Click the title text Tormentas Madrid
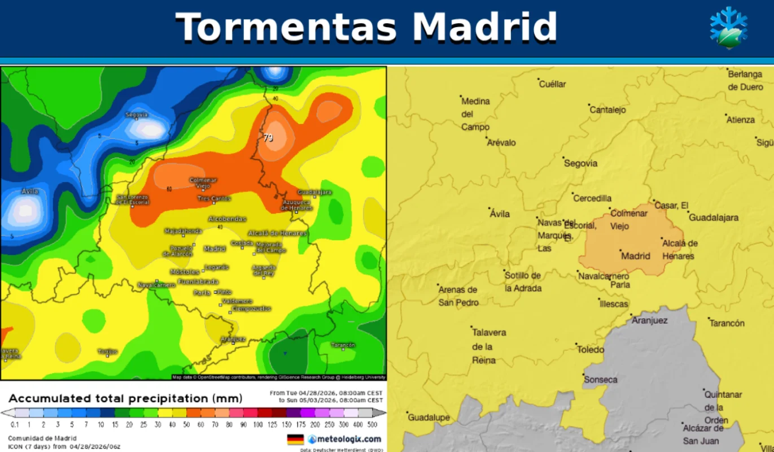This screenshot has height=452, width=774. [366, 27]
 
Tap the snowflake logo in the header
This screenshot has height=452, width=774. [728, 28]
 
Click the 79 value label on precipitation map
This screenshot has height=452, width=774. [268, 137]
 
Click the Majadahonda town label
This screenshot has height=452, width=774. [183, 231]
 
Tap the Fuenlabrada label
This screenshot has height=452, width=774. [198, 281]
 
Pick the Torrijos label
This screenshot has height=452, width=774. [107, 351]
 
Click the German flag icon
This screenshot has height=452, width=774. [295, 439]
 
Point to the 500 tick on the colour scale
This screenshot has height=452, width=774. [373, 424]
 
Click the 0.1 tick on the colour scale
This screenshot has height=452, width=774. [15, 424]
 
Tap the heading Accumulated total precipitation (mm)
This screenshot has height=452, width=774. [125, 398]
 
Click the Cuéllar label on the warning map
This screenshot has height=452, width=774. [552, 84]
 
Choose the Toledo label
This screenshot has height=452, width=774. [591, 350]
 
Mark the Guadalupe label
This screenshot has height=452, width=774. [428, 418]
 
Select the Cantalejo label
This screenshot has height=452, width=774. [607, 110]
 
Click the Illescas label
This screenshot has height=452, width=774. [613, 304]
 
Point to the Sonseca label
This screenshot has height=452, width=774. [601, 380]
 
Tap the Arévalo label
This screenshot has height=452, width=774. [501, 142]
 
